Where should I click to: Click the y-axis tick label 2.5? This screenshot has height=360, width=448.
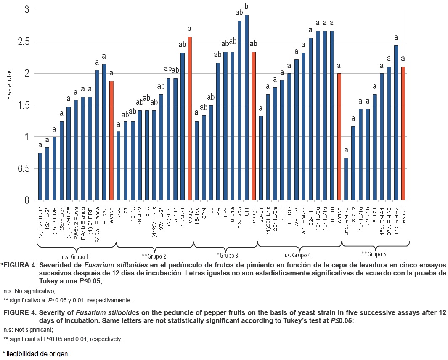(x=21, y=42)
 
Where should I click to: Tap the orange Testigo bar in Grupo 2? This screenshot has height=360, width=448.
(x=190, y=118)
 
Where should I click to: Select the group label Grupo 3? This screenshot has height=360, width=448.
(x=227, y=255)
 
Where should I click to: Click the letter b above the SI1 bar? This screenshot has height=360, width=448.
(x=247, y=7)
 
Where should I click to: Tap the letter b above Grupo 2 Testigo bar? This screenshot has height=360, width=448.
(x=190, y=29)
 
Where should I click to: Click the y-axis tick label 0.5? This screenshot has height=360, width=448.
(x=21, y=168)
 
